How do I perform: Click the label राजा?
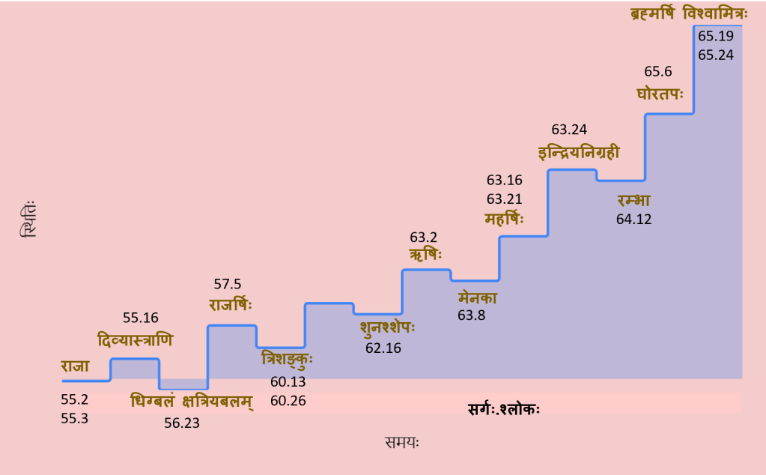click(76, 366)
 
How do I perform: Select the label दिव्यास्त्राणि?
click(136, 341)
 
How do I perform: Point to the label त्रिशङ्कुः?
click(288, 360)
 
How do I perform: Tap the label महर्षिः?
click(504, 220)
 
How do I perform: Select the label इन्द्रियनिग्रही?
click(579, 152)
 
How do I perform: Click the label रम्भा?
click(633, 201)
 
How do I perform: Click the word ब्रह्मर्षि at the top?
click(653, 13)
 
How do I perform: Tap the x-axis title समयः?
click(402, 442)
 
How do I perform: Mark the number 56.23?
click(182, 423)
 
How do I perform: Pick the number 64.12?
click(634, 220)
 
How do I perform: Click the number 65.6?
click(658, 72)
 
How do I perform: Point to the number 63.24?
click(568, 129)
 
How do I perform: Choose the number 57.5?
click(228, 284)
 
